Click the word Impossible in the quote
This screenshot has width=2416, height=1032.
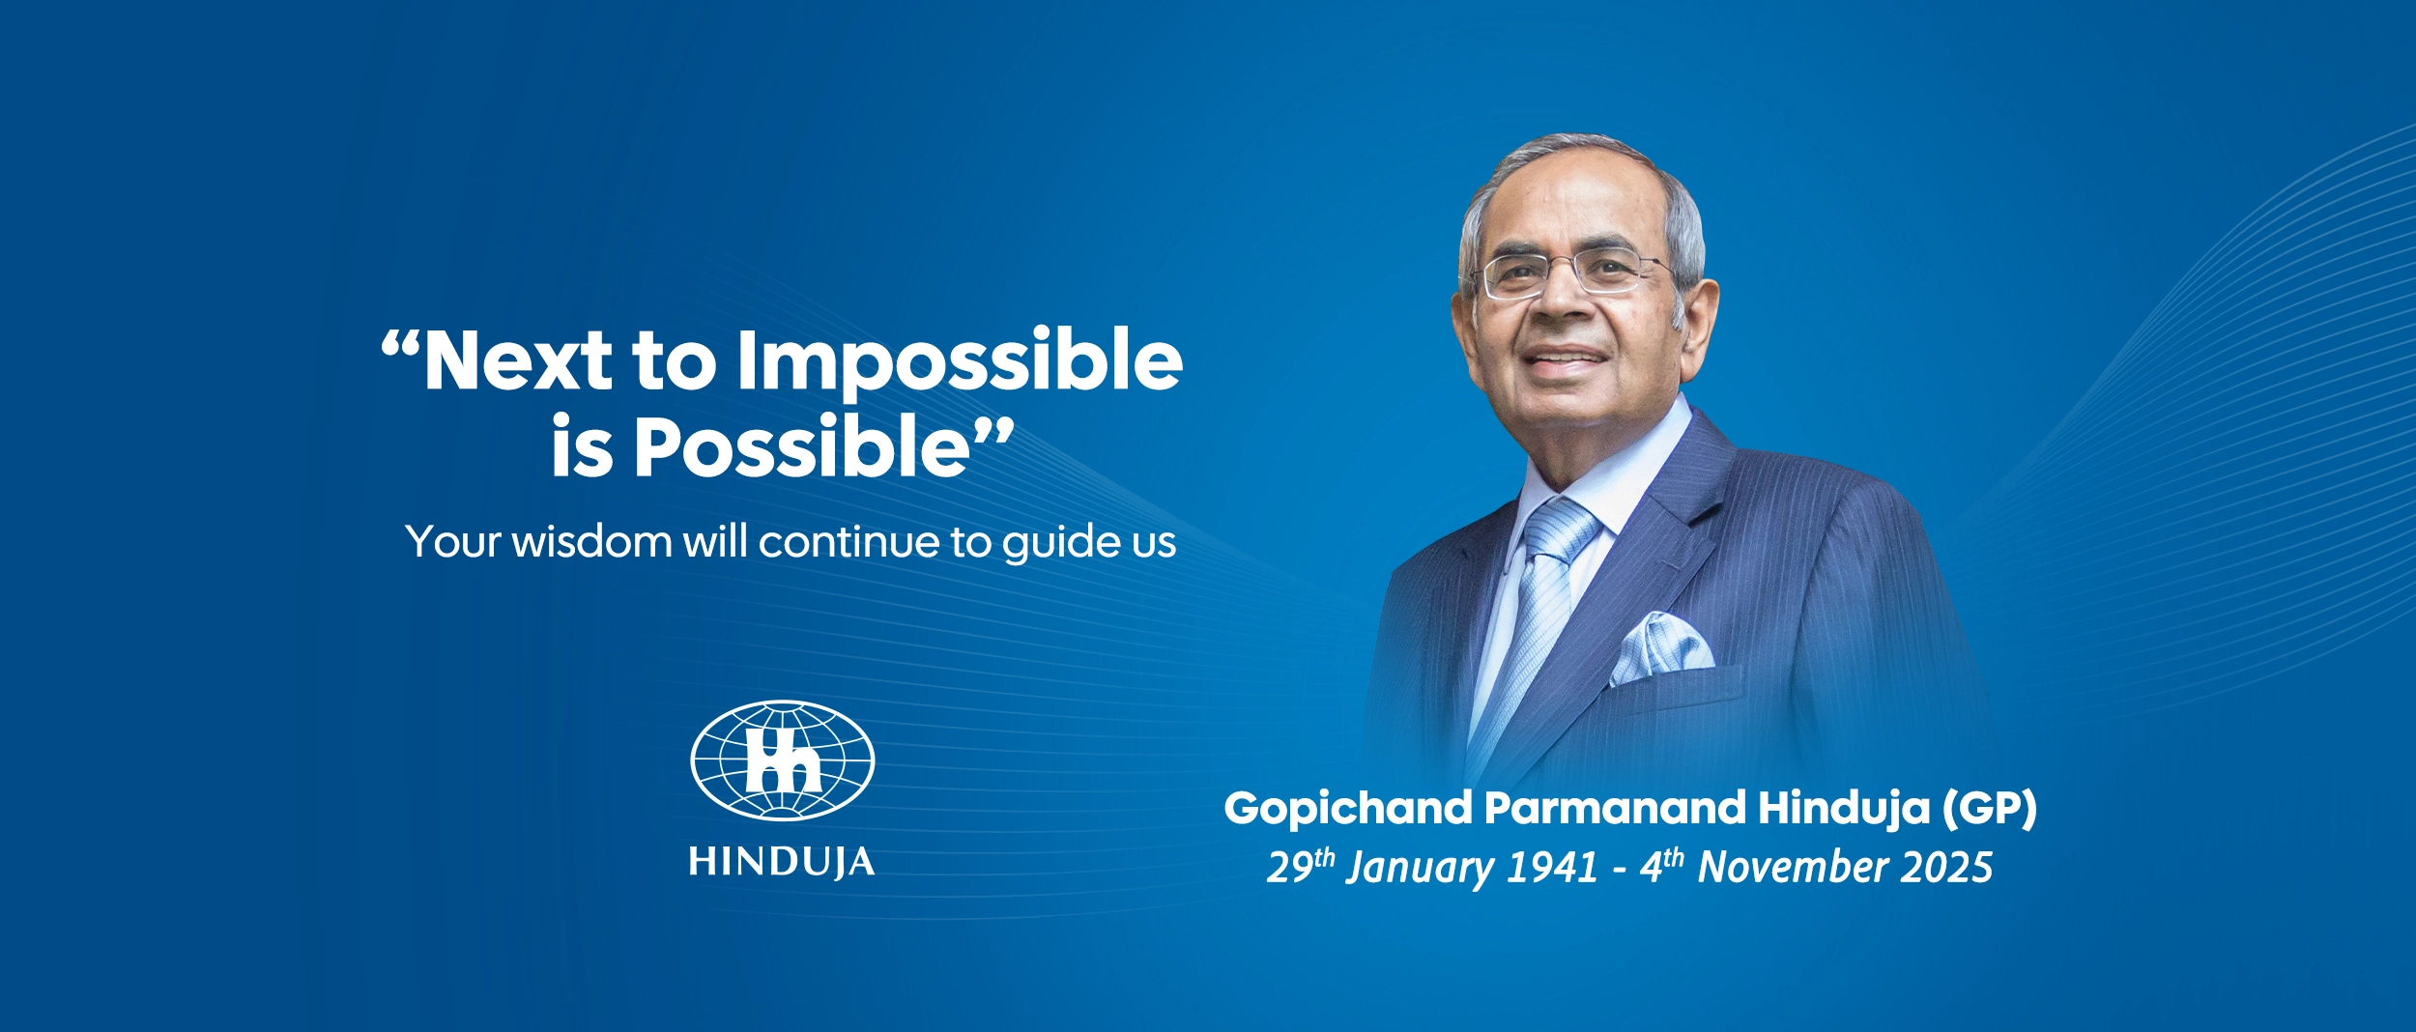pyautogui.click(x=959, y=362)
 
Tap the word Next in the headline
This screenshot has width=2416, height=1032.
pyautogui.click(x=517, y=360)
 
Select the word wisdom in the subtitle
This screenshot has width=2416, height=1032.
pyautogui.click(x=591, y=541)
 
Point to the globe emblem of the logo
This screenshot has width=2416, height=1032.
pyautogui.click(x=782, y=760)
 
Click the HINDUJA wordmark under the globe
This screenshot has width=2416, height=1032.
pyautogui.click(x=782, y=862)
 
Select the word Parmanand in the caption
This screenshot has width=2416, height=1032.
pyautogui.click(x=1615, y=808)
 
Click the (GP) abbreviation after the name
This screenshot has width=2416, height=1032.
pyautogui.click(x=1989, y=809)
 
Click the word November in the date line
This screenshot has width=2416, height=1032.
pyautogui.click(x=1792, y=867)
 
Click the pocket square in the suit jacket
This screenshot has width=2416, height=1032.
pyautogui.click(x=1659, y=648)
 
